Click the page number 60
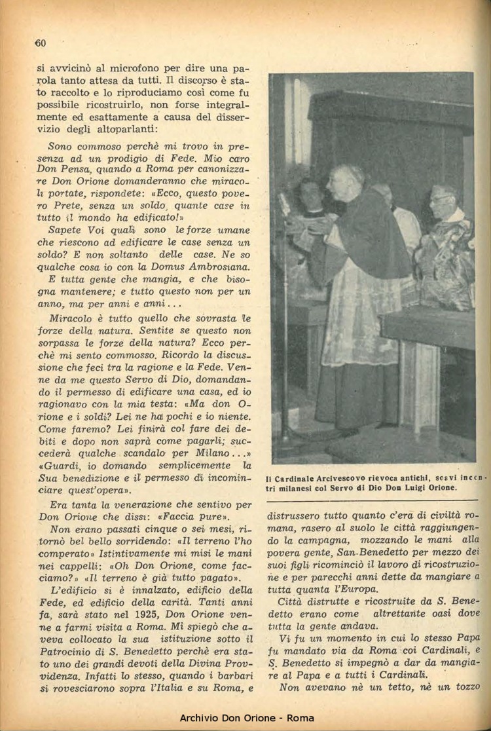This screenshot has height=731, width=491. click(39, 44)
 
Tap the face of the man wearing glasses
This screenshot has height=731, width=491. click(443, 201)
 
